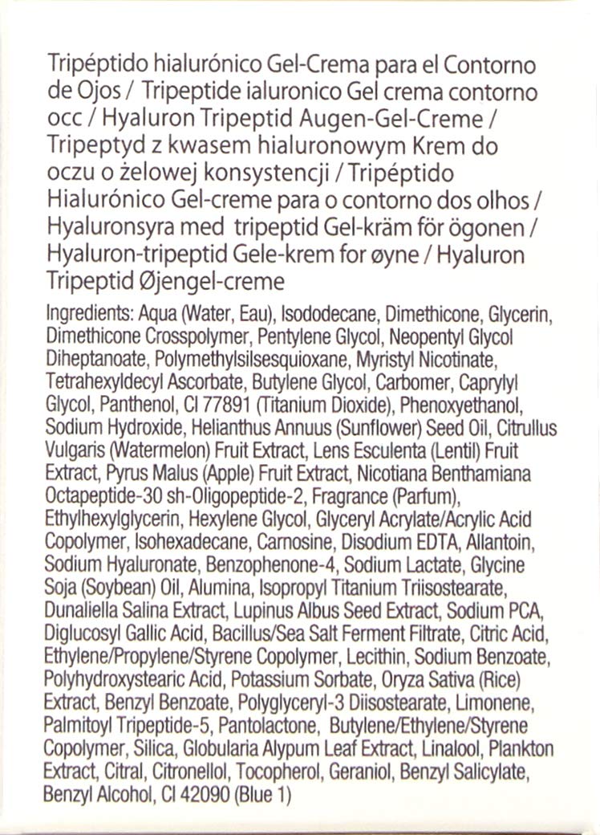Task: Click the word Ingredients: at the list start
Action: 86,312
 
